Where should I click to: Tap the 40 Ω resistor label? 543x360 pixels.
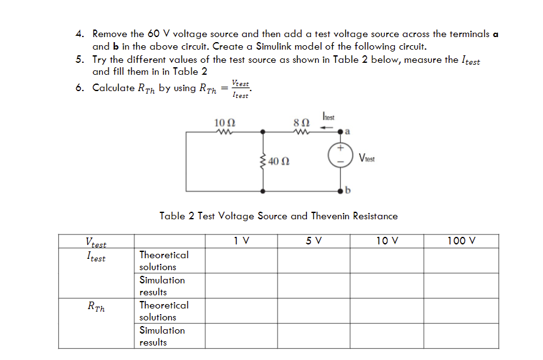(278, 162)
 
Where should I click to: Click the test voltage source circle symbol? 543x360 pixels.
(340, 156)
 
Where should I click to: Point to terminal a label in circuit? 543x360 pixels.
(348, 133)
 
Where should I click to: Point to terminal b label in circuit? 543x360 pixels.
(348, 190)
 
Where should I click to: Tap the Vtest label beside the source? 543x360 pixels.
(368, 159)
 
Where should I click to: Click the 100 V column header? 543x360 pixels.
(461, 241)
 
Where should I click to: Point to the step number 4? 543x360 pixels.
(79, 34)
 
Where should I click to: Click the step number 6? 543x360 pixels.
(79, 87)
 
